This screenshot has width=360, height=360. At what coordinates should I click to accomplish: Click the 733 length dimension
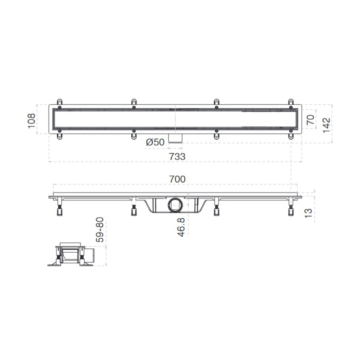[177, 157]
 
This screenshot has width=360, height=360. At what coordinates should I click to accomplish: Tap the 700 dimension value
[177, 179]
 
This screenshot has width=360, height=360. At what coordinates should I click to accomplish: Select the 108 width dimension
[31, 121]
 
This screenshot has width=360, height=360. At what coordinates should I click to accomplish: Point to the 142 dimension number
[326, 125]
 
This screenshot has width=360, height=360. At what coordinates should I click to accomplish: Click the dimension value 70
[310, 120]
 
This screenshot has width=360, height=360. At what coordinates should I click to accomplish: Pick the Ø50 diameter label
[155, 142]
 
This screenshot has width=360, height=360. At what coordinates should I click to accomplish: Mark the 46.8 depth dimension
[181, 227]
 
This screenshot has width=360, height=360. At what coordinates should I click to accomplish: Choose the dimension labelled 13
[308, 213]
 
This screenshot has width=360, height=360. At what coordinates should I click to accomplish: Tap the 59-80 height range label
[100, 230]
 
